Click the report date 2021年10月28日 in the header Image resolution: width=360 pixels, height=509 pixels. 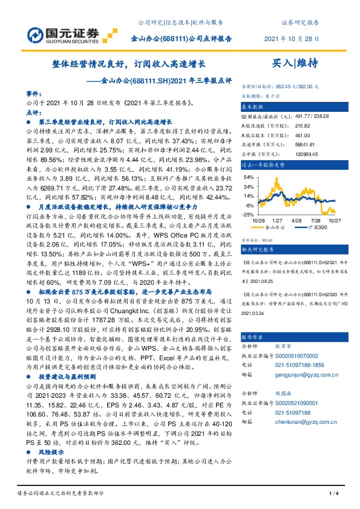292,39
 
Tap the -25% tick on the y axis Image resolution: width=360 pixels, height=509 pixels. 247,214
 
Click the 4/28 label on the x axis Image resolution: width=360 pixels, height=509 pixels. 296,221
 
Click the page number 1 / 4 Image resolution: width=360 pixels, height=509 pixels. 332,496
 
